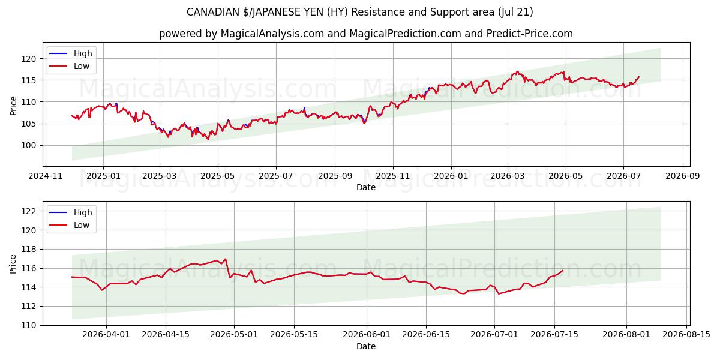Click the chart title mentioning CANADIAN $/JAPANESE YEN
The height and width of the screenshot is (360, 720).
359,12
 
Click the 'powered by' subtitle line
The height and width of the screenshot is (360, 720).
366,34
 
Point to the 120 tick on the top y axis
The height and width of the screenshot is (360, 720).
29,59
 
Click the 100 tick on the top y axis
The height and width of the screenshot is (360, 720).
29,146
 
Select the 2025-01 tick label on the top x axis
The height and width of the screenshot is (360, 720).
103,176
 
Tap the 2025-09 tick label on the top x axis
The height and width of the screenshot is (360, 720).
335,176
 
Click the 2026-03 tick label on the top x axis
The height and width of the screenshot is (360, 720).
508,176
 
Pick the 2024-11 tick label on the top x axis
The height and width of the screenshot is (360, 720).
46,176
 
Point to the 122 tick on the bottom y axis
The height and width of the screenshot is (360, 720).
29,211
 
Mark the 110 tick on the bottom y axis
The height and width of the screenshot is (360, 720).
29,326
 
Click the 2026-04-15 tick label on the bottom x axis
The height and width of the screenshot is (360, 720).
166,335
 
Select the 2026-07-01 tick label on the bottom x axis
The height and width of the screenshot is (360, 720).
494,335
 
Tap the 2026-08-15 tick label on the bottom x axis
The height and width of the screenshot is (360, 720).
686,335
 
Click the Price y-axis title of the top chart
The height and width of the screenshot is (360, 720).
13,106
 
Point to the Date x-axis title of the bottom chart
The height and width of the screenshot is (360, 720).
366,346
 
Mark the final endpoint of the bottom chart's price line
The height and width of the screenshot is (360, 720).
563,271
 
